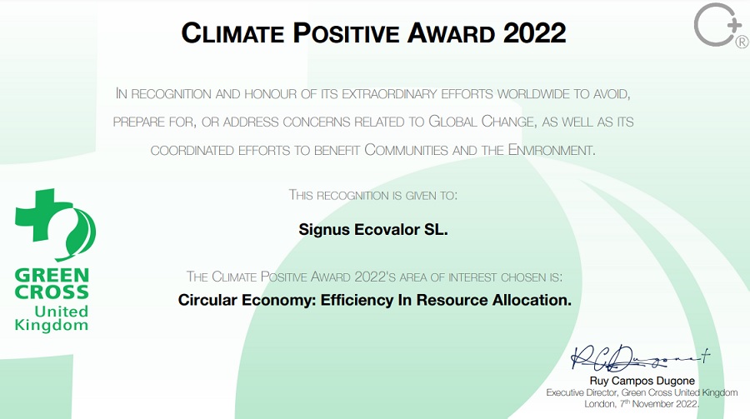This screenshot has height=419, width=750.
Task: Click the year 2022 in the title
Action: click(x=535, y=33)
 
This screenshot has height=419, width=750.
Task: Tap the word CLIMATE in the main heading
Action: click(x=233, y=33)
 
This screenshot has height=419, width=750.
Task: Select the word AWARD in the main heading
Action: click(x=452, y=33)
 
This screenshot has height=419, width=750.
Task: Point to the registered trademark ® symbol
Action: click(x=742, y=42)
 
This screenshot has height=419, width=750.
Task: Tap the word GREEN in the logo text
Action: click(x=52, y=276)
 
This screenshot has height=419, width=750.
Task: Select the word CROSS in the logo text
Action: click(x=52, y=292)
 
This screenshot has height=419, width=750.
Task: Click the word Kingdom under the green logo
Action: click(x=52, y=326)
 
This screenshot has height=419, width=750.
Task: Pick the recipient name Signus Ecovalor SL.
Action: click(x=373, y=230)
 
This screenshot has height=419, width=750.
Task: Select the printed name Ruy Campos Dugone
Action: click(x=642, y=381)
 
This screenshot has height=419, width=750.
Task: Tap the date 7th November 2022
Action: click(x=660, y=404)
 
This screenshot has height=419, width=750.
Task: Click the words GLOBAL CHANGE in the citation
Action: click(x=481, y=122)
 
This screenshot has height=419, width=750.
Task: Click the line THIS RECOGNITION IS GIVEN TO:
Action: click(x=373, y=195)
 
